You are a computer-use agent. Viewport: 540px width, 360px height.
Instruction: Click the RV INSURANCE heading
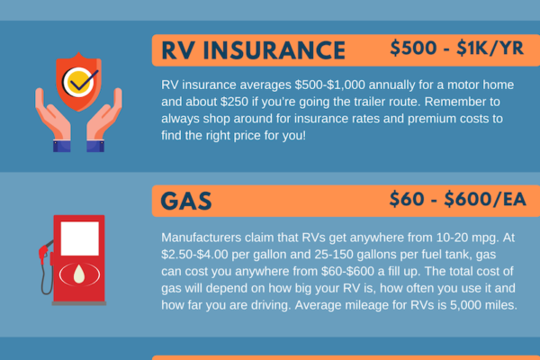[253, 49]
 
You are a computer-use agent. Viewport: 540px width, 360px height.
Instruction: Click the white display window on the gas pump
[80, 237]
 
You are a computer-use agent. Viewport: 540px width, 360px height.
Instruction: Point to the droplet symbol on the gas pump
[80, 275]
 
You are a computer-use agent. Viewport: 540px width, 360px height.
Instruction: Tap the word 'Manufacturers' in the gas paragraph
[199, 239]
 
